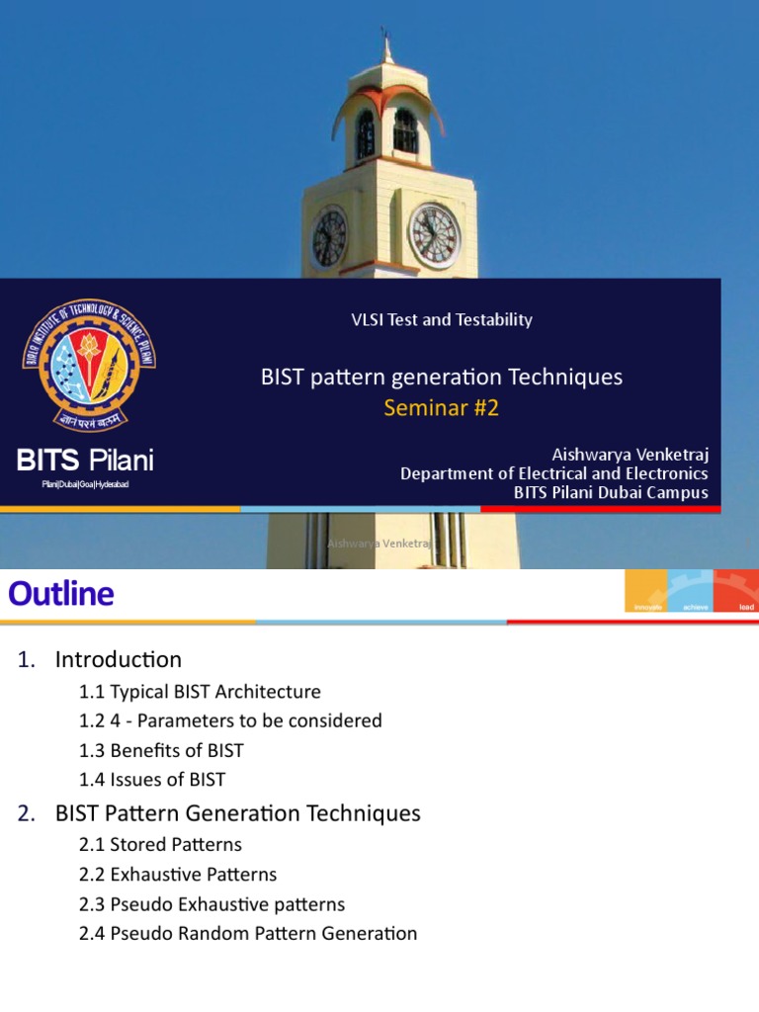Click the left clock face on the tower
pyautogui.click(x=329, y=238)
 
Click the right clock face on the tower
pyautogui.click(x=435, y=236)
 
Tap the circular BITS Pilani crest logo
pyautogui.click(x=89, y=365)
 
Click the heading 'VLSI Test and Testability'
pyautogui.click(x=442, y=319)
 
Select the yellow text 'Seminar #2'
pyautogui.click(x=442, y=407)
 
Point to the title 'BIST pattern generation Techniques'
pyautogui.click(x=442, y=377)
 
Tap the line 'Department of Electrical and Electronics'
pyautogui.click(x=553, y=474)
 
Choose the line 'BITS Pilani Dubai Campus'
pyautogui.click(x=611, y=492)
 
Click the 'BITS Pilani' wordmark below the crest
pyautogui.click(x=85, y=460)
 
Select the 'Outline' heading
pyautogui.click(x=61, y=594)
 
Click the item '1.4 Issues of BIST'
pyautogui.click(x=152, y=780)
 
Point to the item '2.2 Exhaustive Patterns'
pyautogui.click(x=178, y=875)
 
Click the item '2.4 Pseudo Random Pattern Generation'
pyautogui.click(x=248, y=933)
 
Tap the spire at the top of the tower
pyautogui.click(x=386, y=44)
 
